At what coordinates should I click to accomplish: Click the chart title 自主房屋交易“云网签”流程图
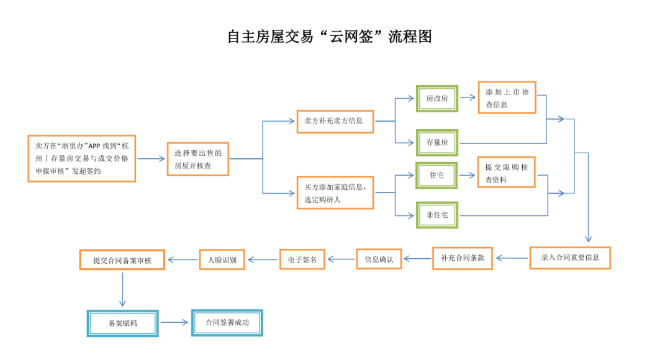pyautogui.click(x=330, y=37)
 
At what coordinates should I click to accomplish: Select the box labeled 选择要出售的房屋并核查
pyautogui.click(x=198, y=159)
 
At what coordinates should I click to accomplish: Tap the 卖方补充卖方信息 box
pyautogui.click(x=335, y=121)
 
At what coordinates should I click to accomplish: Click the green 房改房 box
pyautogui.click(x=437, y=99)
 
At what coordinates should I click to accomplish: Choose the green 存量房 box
pyautogui.click(x=437, y=143)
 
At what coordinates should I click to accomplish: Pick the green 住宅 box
pyautogui.click(x=437, y=175)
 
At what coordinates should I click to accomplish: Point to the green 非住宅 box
pyautogui.click(x=437, y=215)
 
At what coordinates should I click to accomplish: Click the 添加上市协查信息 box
pyautogui.click(x=507, y=97)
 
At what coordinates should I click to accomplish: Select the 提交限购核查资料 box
pyautogui.click(x=506, y=173)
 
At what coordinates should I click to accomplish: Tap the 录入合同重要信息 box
pyautogui.click(x=570, y=258)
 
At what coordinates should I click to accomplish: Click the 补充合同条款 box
pyautogui.click(x=463, y=258)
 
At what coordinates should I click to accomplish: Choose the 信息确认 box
pyautogui.click(x=379, y=259)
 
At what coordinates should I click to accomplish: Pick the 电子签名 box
pyautogui.click(x=302, y=259)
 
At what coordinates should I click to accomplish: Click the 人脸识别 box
pyautogui.click(x=222, y=260)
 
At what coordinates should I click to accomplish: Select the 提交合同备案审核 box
pyautogui.click(x=122, y=260)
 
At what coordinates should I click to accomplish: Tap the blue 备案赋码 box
pyautogui.click(x=122, y=323)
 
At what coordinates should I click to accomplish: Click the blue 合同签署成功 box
pyautogui.click(x=227, y=323)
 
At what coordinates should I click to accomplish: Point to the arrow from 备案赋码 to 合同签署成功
pyautogui.click(x=174, y=322)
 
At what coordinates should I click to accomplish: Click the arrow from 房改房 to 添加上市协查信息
pyautogui.click(x=468, y=97)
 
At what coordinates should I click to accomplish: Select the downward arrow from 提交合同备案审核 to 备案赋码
pyautogui.click(x=122, y=289)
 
